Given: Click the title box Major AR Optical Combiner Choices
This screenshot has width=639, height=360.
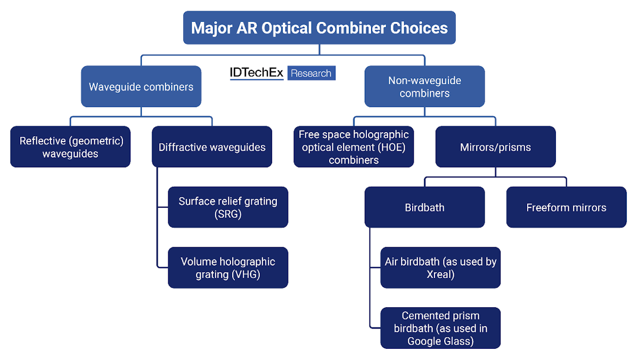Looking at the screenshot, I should coord(319,28).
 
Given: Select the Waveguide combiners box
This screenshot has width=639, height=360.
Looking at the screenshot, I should coord(141,86).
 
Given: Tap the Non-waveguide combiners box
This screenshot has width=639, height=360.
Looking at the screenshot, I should coord(424,86).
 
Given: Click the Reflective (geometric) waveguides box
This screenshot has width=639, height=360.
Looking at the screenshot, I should coord(71,146).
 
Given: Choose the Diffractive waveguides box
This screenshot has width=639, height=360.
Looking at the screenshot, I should coord(212,146).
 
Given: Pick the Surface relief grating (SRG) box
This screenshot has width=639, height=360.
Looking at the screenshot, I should coord(228,207).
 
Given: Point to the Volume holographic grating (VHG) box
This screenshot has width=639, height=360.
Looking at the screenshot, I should coord(228,267).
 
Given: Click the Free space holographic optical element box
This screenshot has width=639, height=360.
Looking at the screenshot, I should coord(354,146).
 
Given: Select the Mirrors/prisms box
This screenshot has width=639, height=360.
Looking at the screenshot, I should coord(495,146).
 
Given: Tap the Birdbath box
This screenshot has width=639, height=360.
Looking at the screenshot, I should coord(424,207).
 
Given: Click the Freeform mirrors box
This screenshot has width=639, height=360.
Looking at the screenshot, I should coord(566,207).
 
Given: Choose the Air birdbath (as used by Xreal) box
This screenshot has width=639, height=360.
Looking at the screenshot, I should coord(440,267).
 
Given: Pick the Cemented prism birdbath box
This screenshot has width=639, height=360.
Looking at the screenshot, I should coord(440,328).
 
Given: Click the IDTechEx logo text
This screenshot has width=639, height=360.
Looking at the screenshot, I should coord(257,73).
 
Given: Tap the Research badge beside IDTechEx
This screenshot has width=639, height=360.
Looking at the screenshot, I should coord(311,73).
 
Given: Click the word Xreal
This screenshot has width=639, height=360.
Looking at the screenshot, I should coord(440,274).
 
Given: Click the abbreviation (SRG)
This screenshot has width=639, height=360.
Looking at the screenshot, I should coord(228,214).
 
